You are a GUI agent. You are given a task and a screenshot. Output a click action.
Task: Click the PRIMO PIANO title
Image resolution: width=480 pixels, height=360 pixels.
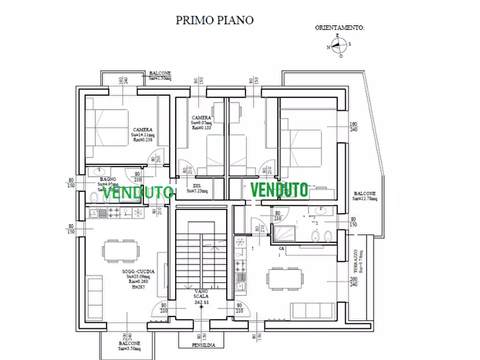(x=215, y=20)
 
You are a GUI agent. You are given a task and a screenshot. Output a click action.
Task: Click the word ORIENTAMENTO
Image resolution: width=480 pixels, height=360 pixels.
(x=339, y=27)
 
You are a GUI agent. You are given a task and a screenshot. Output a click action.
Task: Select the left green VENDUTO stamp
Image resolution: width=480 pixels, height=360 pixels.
(x=138, y=192)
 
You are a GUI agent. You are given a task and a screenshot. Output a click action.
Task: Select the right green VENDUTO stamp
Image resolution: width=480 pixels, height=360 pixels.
(x=279, y=190)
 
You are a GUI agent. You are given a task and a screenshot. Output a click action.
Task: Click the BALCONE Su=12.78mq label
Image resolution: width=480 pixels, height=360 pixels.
(x=365, y=196)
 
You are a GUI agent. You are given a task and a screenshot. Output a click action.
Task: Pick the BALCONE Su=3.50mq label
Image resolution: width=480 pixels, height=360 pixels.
(x=130, y=345)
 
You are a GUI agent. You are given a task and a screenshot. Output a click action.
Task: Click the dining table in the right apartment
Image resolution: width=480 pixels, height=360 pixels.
(x=284, y=277)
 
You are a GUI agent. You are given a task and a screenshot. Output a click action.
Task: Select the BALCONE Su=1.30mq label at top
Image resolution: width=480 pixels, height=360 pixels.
(x=160, y=76)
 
